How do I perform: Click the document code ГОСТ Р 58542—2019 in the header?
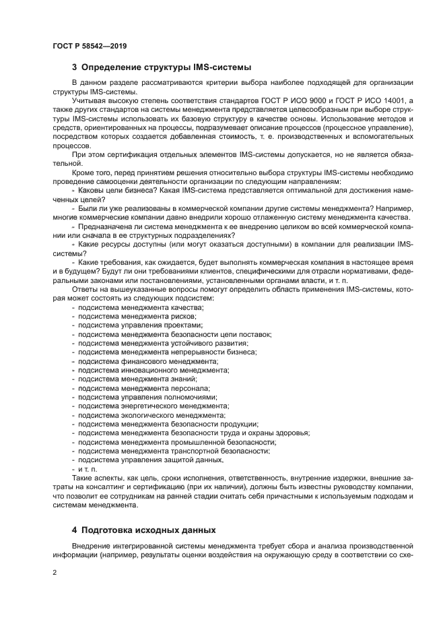(x=89, y=46)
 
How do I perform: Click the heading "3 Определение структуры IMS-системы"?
(x=162, y=67)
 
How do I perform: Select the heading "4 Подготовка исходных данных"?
(x=147, y=530)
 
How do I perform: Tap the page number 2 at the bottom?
(x=55, y=573)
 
